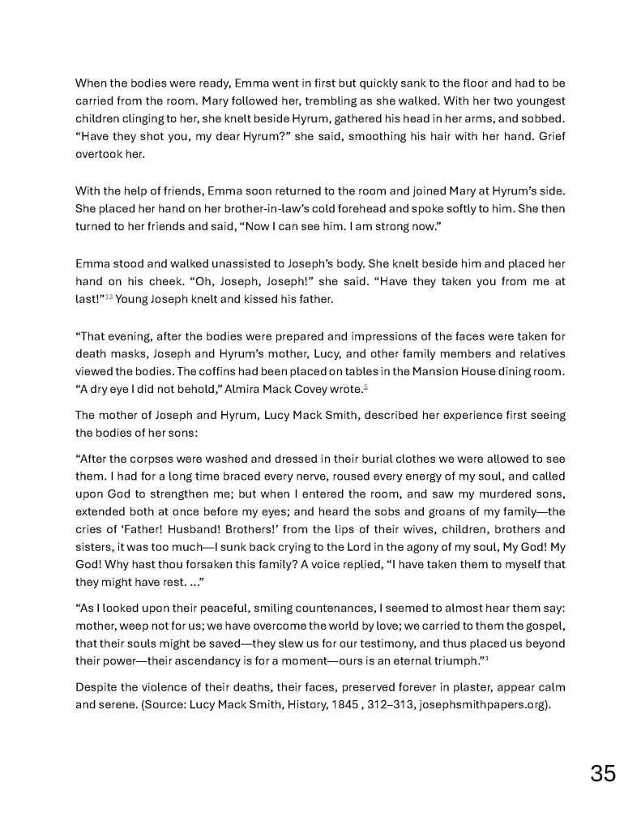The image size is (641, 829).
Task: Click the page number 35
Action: click(x=603, y=773)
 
